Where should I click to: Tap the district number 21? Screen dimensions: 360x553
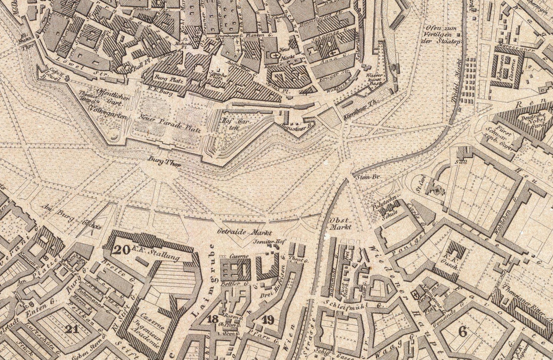click(x=72, y=329)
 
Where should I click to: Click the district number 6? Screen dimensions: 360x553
click(x=462, y=332)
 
